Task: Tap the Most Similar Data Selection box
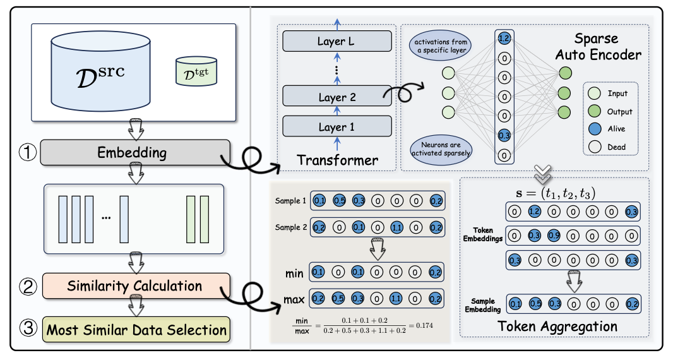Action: [x=135, y=329]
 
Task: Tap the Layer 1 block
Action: [x=336, y=127]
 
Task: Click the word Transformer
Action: [x=337, y=160]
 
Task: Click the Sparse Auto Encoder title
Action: [x=598, y=47]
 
